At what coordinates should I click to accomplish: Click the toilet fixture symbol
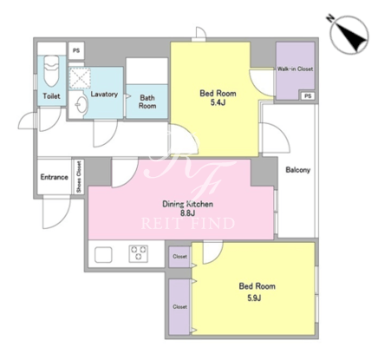(51, 71)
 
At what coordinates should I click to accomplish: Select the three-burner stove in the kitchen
(139, 253)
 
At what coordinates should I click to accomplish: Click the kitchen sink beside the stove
(103, 254)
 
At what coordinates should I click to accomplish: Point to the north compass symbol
(349, 36)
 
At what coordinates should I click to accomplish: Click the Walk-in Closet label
(295, 69)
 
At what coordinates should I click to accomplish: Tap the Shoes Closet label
(79, 177)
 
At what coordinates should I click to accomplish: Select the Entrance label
(55, 177)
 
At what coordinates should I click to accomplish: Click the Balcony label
(297, 170)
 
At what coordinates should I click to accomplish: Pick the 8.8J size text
(187, 213)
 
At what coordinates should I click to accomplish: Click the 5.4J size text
(218, 102)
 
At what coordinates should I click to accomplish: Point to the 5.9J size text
(254, 298)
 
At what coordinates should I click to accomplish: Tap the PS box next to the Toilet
(76, 50)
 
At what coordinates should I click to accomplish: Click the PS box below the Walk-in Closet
(308, 96)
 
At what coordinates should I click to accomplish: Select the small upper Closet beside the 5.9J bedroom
(179, 257)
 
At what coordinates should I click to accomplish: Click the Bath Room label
(147, 101)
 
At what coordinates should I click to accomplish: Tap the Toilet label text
(51, 96)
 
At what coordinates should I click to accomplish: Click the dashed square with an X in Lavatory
(80, 77)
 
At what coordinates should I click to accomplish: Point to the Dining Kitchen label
(187, 204)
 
